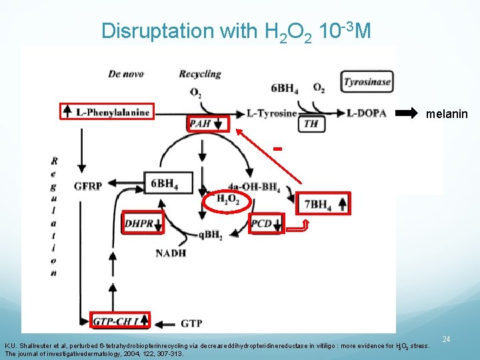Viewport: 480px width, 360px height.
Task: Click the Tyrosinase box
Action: pos(367,83)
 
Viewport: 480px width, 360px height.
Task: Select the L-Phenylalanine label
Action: pos(111,112)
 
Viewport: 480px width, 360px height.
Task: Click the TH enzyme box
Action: pos(311,124)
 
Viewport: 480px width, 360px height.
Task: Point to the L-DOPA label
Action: pos(367,113)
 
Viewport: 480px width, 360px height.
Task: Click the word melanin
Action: pos(447,115)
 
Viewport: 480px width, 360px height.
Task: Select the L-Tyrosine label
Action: pos(272,113)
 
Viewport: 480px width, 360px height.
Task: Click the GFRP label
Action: pos(87,185)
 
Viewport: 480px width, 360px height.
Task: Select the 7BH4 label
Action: pos(317,205)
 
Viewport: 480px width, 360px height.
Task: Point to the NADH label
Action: pos(171,253)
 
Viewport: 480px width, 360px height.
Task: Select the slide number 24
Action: pos(447,339)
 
